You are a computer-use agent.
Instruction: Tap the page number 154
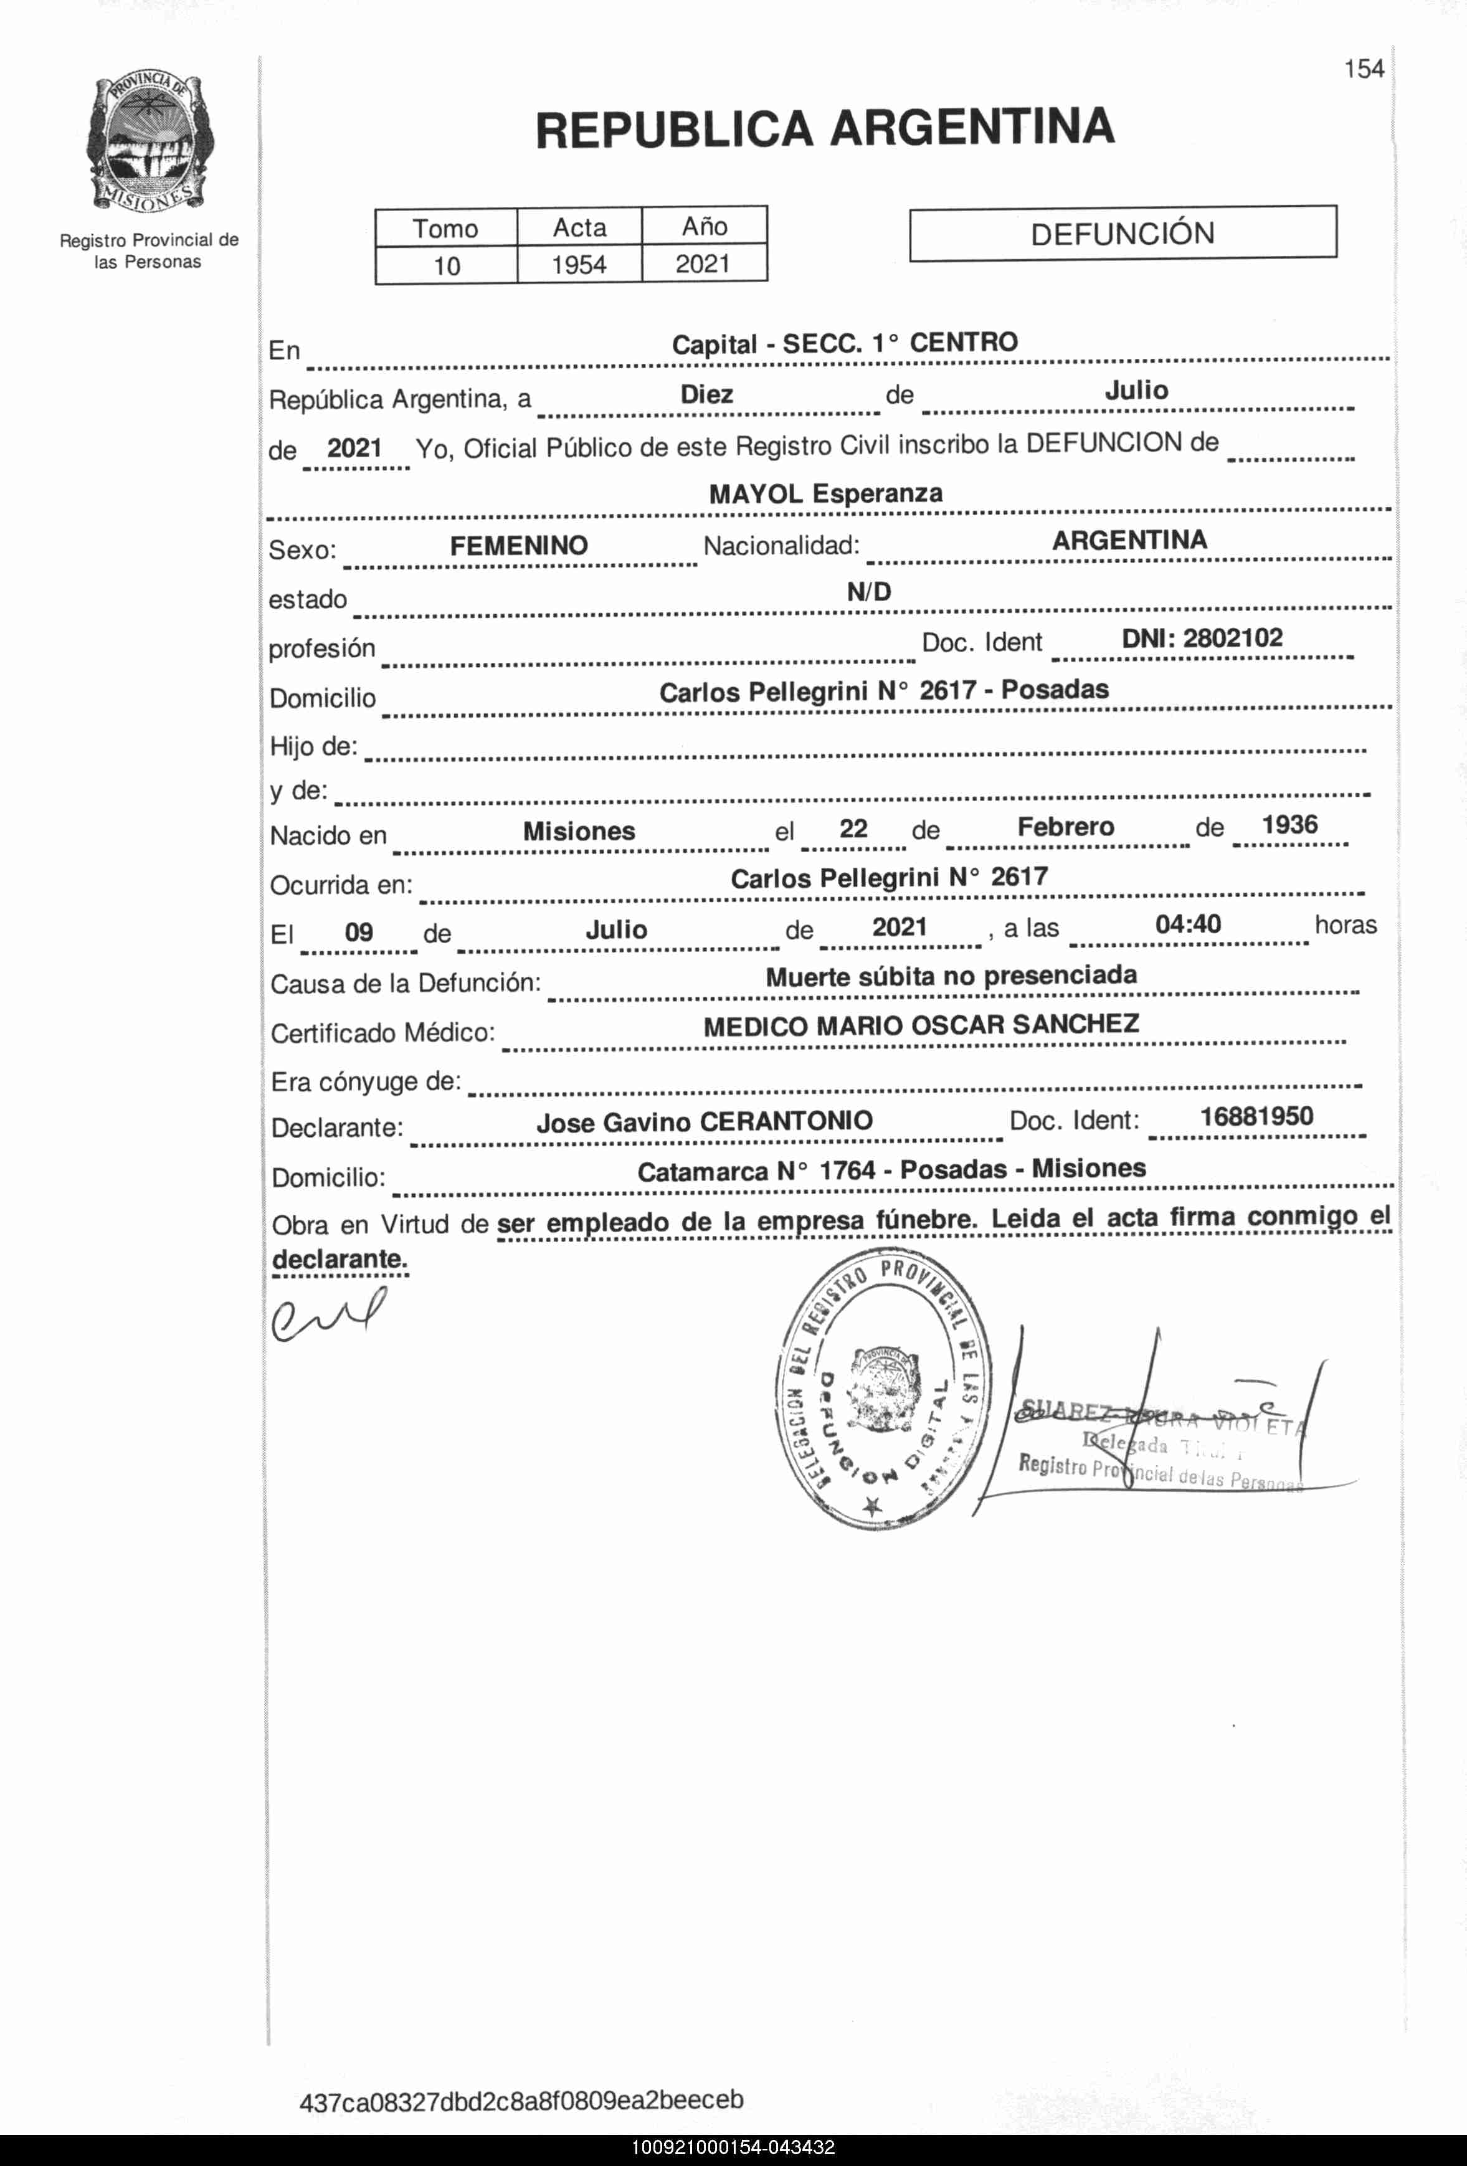pos(1364,69)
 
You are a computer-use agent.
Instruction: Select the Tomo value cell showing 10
pos(447,265)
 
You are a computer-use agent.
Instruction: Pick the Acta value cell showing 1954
pos(579,265)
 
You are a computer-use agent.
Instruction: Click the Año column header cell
pos(704,227)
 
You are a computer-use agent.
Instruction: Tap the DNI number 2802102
pos(1202,639)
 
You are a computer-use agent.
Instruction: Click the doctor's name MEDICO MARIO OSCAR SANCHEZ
pos(921,1025)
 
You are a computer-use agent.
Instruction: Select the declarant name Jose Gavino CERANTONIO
pos(704,1122)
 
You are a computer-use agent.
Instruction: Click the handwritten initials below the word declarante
pos(326,1315)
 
